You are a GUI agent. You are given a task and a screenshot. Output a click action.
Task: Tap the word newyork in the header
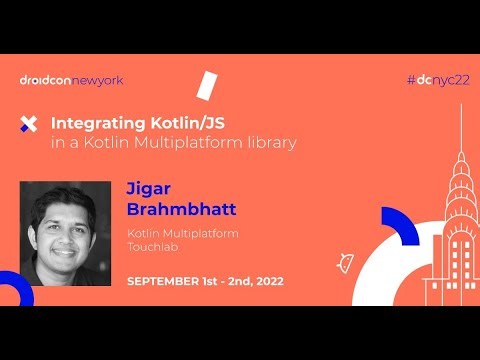click(x=98, y=80)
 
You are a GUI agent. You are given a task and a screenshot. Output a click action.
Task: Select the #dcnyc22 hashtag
click(x=438, y=80)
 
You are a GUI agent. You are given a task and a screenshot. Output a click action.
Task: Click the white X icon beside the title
click(x=29, y=124)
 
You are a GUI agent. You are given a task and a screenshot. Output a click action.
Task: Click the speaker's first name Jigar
click(x=147, y=188)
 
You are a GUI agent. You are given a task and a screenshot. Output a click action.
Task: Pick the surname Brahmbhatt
click(x=172, y=209)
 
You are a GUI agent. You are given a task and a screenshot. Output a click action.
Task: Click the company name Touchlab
click(x=150, y=246)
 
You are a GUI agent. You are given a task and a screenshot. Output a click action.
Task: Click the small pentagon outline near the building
click(x=346, y=261)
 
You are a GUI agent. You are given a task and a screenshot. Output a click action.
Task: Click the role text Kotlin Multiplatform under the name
click(x=174, y=233)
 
